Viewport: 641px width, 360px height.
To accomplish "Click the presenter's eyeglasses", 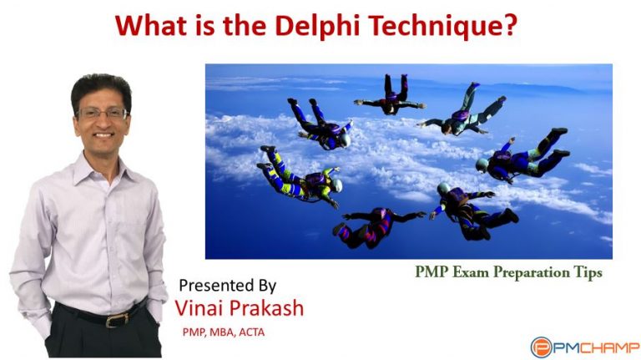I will coord(103,112).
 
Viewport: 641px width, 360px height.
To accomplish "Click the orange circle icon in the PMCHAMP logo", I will coord(540,346).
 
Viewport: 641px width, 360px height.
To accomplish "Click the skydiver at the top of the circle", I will coord(390,97).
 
